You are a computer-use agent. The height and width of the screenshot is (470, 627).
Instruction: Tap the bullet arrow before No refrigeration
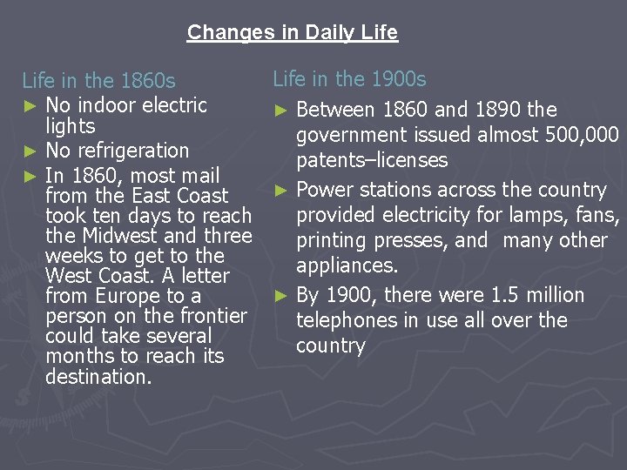tap(30, 151)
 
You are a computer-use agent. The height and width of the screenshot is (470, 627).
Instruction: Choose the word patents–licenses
tap(372, 160)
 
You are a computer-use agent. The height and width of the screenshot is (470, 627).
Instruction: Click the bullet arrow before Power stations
tap(280, 191)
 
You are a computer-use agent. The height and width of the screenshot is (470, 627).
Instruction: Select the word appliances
tap(346, 265)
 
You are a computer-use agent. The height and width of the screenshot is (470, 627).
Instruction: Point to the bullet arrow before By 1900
tap(280, 296)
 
